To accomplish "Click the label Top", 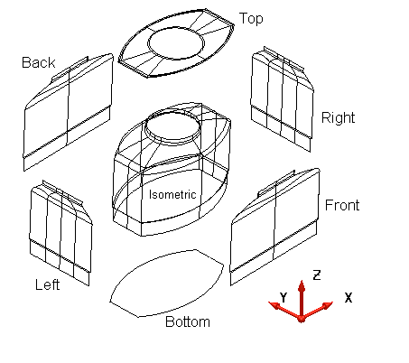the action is pos(251,19).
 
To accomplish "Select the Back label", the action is pos(39,62).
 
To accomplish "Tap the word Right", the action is pos(338,118).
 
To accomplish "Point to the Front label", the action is pos(342,205).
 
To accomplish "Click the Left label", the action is pos(48,284).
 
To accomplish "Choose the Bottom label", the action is pos(188,321).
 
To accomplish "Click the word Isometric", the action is pos(172,194).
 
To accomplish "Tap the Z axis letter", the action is pos(317,275).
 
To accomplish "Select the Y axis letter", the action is pos(284,297).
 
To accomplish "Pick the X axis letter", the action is pos(349,298).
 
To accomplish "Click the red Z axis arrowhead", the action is pos(302,285).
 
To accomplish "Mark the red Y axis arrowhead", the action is pos(274,305).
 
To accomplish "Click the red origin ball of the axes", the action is pos(302,319).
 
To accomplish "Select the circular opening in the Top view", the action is pos(176,30).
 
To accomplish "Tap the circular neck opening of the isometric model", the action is pos(173,113).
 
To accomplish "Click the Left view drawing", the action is pos(60,233).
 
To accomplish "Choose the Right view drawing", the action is pos(282,99).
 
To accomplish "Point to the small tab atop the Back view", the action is pos(70,69).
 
